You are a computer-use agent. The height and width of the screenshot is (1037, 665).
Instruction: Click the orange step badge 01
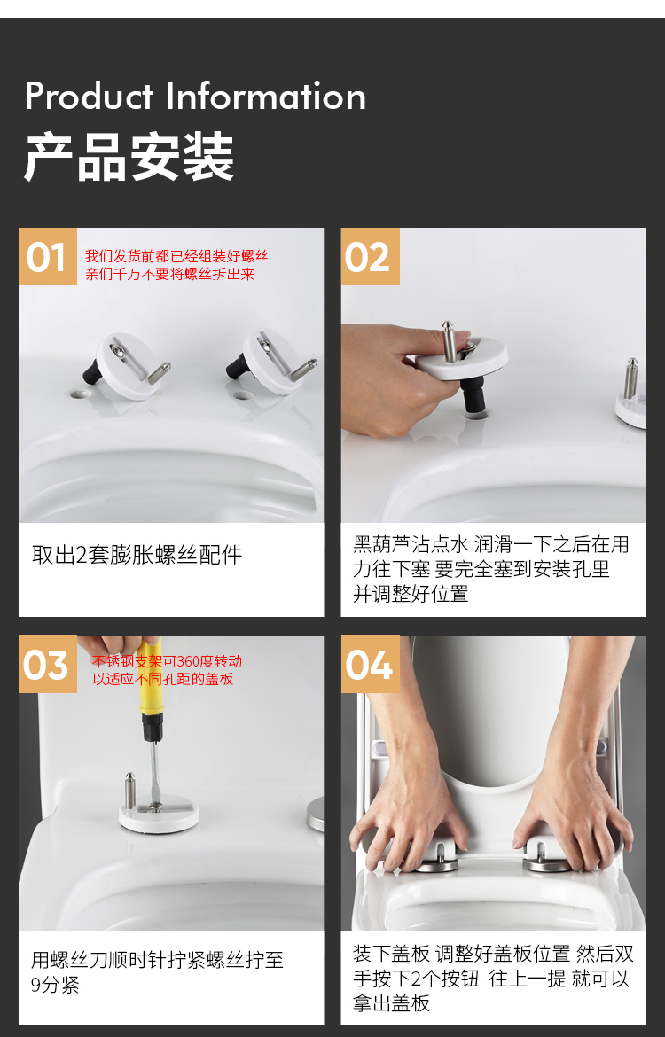47,257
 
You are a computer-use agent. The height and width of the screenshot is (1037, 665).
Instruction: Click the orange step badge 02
370,257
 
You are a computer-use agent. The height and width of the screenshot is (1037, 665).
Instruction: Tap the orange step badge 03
47,665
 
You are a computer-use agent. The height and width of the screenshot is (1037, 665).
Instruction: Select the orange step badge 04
370,665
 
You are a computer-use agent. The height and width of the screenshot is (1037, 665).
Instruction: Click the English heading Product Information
195,97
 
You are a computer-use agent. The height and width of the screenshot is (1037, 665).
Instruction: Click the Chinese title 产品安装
129,158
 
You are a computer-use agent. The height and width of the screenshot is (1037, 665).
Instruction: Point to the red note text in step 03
167,670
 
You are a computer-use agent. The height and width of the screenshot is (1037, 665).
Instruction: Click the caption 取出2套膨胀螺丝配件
137,556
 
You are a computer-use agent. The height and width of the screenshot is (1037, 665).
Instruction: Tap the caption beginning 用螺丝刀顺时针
157,972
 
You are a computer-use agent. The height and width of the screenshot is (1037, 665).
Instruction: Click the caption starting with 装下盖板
492,979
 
